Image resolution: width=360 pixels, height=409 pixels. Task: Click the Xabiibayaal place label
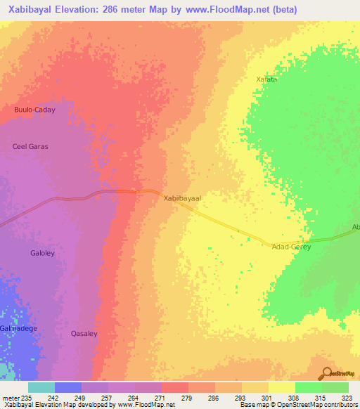coord(183,199)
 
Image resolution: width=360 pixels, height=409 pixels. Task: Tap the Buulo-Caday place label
coord(34,110)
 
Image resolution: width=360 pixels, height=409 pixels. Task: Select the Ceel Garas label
coord(30,146)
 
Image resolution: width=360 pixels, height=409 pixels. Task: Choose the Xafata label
coord(266,80)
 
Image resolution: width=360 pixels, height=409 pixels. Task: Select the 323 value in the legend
coord(349,397)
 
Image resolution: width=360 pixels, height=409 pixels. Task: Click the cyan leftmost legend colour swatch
coord(41,387)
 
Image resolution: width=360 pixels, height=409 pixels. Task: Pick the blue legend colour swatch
coord(67,387)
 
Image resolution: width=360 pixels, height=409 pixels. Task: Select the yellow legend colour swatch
coord(281,387)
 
